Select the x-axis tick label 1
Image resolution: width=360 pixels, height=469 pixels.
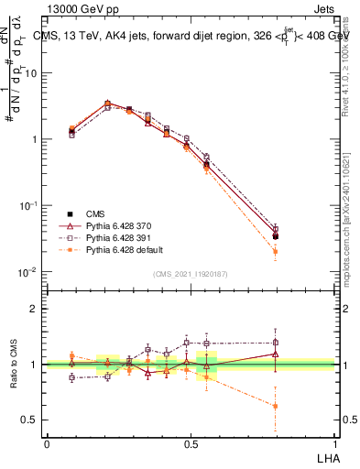333,443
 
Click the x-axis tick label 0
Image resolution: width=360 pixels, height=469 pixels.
47,443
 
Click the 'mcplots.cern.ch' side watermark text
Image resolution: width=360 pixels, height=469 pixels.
349,247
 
